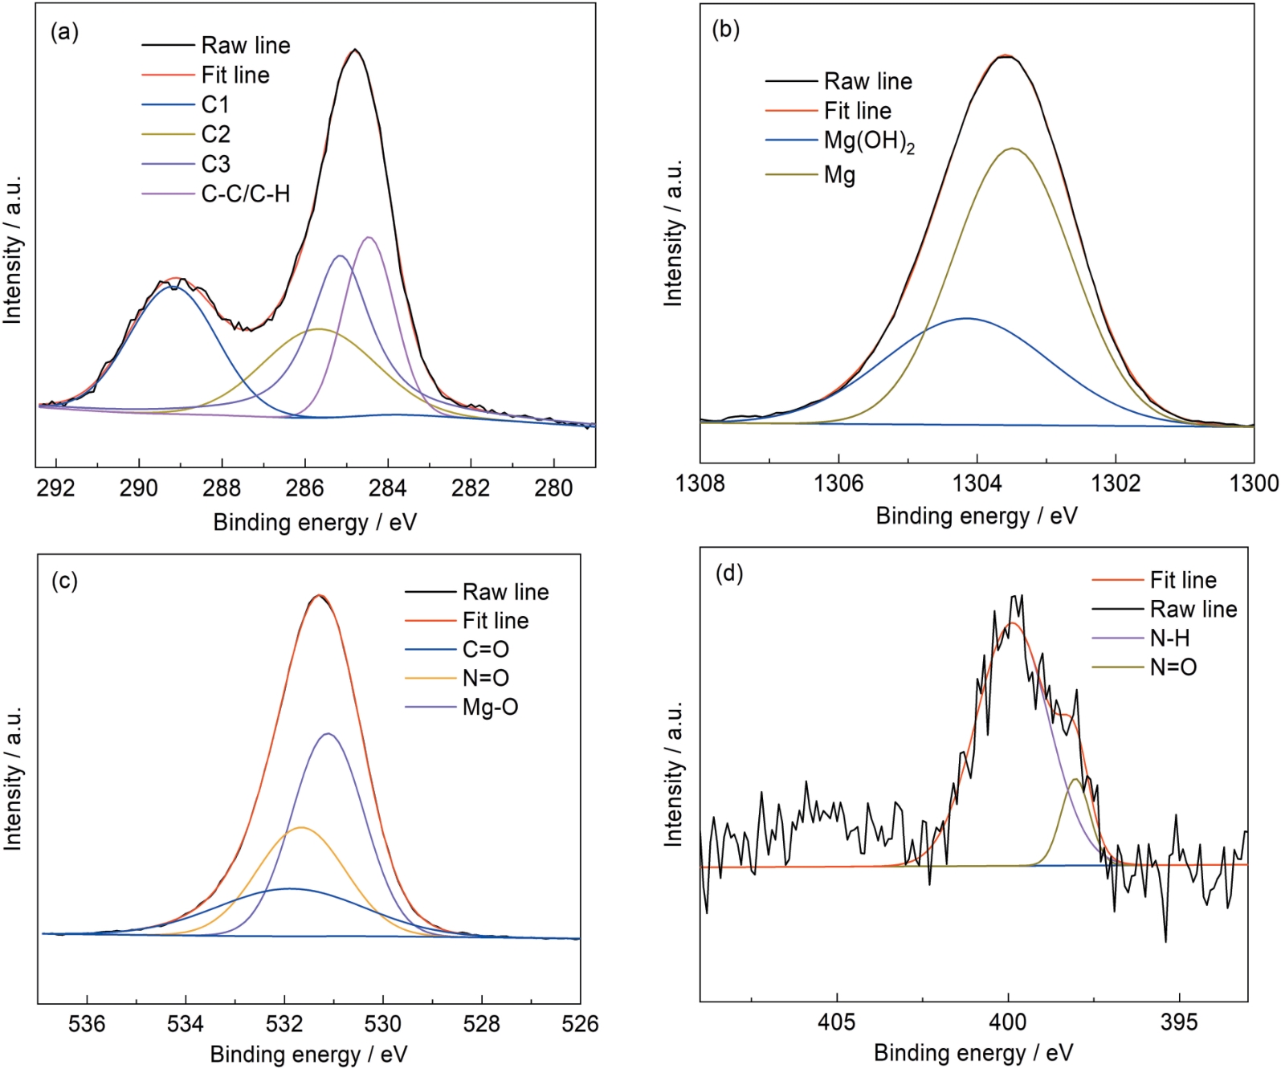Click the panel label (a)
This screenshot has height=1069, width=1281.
(64, 33)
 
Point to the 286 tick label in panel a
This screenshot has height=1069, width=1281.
(305, 488)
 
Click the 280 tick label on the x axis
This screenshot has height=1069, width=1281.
(553, 488)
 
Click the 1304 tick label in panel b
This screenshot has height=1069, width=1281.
(977, 483)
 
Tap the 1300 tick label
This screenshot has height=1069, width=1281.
(1254, 483)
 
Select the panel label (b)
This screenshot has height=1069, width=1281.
(726, 30)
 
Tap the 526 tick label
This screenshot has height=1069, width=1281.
(580, 1023)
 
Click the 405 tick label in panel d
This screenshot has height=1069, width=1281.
(837, 1022)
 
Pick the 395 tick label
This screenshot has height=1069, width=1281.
(1179, 1022)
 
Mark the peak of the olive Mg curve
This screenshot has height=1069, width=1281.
(1014, 149)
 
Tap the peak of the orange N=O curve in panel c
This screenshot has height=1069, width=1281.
(301, 827)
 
